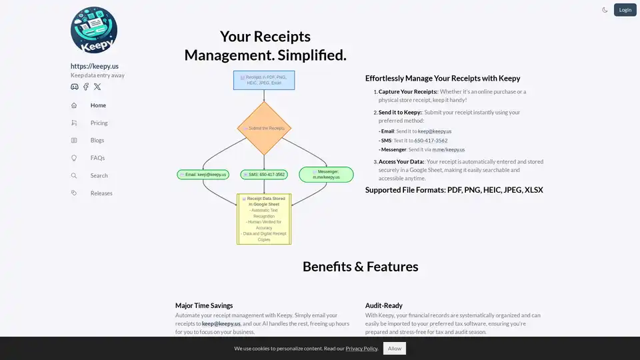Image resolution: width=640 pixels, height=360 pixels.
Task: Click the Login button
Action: click(x=625, y=9)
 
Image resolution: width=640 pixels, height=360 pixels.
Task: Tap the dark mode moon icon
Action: click(x=605, y=10)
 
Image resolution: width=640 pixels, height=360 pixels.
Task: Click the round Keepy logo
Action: click(x=94, y=31)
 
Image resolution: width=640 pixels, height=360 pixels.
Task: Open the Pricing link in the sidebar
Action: click(x=99, y=123)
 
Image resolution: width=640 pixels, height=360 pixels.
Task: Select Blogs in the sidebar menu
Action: click(x=97, y=141)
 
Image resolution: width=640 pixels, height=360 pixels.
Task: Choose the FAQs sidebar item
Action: click(x=97, y=158)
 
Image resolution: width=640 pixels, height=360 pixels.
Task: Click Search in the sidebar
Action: click(x=99, y=175)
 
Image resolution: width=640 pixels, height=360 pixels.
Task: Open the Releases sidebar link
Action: click(x=101, y=193)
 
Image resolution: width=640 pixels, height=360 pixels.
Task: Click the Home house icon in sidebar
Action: click(x=74, y=105)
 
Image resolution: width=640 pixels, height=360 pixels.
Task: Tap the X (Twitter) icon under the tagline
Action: click(x=97, y=87)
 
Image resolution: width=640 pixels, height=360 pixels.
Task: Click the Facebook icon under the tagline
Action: click(x=86, y=87)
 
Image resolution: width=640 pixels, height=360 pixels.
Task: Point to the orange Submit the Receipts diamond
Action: click(x=264, y=128)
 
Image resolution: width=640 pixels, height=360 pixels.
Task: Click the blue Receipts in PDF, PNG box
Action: click(x=264, y=80)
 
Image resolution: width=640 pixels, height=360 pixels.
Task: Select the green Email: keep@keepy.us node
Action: click(x=203, y=175)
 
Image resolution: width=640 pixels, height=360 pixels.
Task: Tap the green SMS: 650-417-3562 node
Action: click(x=264, y=175)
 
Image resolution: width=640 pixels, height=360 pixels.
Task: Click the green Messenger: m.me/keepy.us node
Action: click(x=326, y=175)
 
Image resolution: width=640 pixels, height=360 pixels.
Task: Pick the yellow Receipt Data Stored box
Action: click(x=264, y=219)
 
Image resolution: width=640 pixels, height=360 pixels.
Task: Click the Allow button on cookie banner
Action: click(x=395, y=348)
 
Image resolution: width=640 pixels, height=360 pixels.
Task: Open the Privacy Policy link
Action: click(x=361, y=349)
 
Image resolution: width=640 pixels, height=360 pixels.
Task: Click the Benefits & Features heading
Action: click(x=360, y=267)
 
